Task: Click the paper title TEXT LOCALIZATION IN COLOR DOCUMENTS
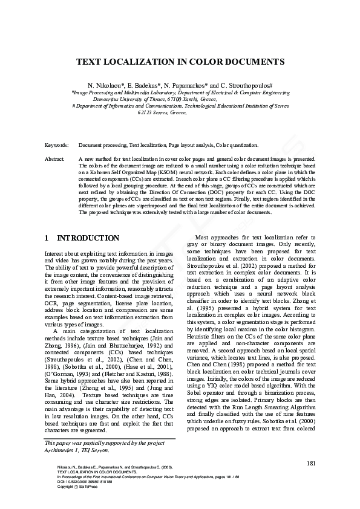tap(180, 62)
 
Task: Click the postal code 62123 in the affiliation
tap(146, 112)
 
